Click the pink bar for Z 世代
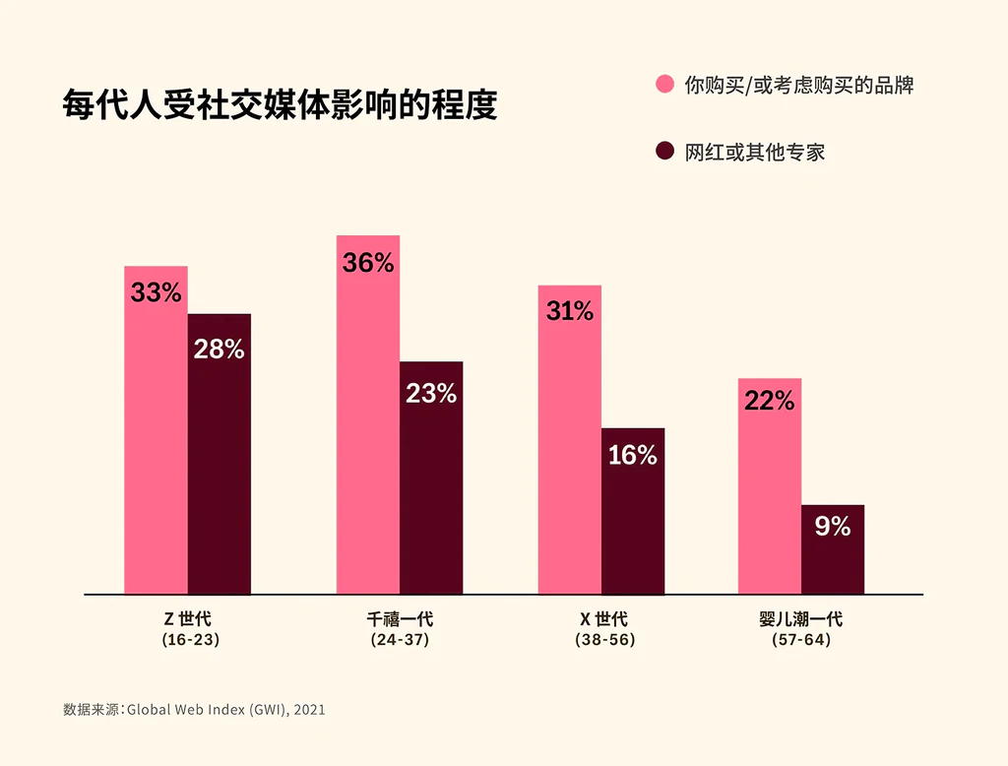tap(156, 443)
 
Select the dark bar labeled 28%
tap(220, 463)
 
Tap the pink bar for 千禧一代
tap(367, 433)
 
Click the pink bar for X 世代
tap(569, 453)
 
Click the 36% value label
tap(368, 263)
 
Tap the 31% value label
tap(570, 312)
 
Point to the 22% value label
tap(770, 401)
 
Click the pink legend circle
tap(665, 85)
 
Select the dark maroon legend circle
tap(665, 152)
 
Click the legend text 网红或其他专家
tap(755, 153)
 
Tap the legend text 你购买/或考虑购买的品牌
tap(799, 86)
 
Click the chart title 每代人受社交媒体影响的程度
tap(281, 105)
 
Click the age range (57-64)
tap(801, 640)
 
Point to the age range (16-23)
tap(190, 640)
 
